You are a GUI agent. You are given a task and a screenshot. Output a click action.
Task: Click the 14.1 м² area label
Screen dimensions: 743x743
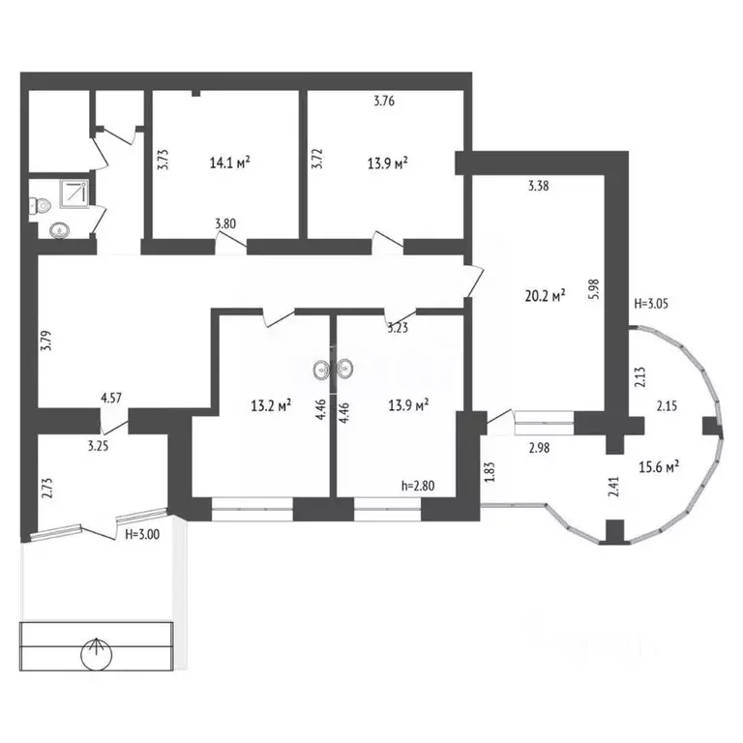point(230,163)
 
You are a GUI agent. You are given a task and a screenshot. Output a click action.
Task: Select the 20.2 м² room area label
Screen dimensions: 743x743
point(546,296)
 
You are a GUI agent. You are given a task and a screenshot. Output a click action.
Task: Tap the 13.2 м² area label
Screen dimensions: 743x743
point(271,405)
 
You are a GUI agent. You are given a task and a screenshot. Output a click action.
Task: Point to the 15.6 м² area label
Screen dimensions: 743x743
point(659,467)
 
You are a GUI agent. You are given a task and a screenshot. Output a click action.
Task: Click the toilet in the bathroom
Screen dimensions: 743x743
point(41,206)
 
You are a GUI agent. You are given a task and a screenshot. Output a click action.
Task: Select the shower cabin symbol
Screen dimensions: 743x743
point(74,193)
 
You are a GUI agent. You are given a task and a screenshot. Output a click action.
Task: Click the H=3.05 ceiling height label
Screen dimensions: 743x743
point(651,303)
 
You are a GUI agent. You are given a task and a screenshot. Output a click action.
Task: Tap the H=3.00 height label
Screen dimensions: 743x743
point(142,535)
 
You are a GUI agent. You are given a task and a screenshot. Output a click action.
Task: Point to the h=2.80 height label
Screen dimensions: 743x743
point(418,486)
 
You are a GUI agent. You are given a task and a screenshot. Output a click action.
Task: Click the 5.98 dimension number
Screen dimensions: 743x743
point(596,288)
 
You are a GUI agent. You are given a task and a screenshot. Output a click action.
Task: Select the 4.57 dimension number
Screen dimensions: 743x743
point(111,398)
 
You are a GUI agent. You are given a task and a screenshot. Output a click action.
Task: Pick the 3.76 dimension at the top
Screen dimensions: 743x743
point(384,101)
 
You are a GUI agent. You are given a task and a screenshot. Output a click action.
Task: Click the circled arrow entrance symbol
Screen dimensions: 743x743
point(97,654)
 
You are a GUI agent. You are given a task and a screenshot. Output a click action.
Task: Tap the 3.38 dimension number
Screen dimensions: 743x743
point(538,186)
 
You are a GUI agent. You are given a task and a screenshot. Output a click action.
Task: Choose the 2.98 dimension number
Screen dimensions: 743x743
point(539,447)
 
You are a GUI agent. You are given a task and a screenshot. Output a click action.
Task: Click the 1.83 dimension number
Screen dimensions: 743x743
point(490,472)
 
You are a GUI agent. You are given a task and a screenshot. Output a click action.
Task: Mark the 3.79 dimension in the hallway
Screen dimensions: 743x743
point(46,341)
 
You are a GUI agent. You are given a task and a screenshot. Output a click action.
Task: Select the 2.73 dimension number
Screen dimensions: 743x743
point(46,489)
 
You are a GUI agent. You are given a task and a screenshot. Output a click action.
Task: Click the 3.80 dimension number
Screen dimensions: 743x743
point(225,223)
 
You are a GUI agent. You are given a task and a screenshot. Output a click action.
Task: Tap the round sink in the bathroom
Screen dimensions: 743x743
point(60,230)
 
